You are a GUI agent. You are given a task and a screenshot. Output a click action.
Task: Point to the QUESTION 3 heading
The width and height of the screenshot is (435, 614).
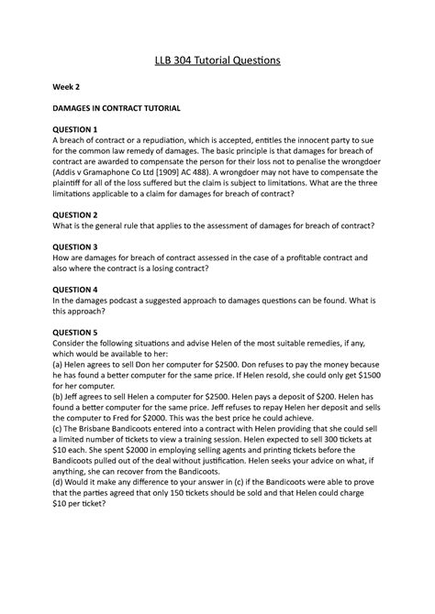pyautogui.click(x=79, y=247)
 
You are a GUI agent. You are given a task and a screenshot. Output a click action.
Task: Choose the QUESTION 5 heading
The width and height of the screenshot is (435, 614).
pyautogui.click(x=79, y=332)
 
